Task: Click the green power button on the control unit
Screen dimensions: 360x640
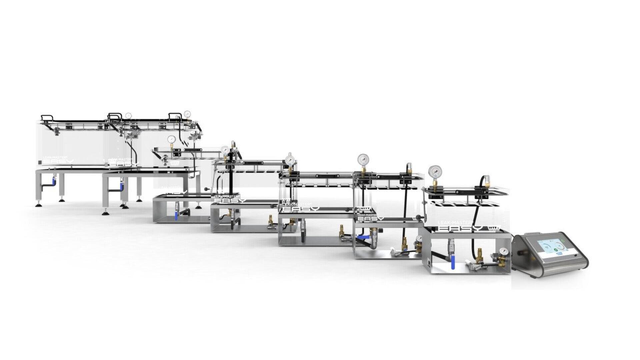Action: tap(563, 240)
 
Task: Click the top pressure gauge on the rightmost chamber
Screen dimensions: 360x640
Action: tap(435, 172)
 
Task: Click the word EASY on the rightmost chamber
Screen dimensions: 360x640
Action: tap(460, 229)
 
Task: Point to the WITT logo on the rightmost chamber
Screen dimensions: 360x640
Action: tap(494, 228)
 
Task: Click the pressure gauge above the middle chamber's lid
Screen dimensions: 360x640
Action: tap(290, 159)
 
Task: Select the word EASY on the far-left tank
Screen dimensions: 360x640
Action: tap(58, 161)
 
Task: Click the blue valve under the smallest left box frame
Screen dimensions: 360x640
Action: tap(176, 216)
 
